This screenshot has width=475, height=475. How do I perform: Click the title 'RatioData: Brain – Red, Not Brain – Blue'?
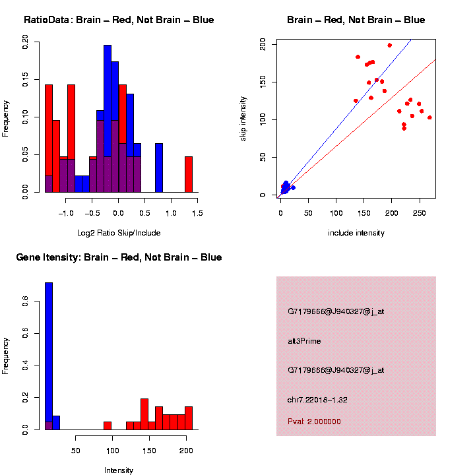(x=119, y=20)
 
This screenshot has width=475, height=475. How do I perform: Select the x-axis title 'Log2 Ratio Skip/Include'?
(x=119, y=233)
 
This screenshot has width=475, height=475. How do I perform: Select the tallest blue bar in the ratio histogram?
(x=108, y=119)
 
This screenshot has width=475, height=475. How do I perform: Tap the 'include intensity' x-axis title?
(x=356, y=233)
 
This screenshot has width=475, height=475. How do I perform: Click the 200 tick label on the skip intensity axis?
(x=263, y=44)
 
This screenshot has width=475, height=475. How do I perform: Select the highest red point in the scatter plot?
(x=389, y=46)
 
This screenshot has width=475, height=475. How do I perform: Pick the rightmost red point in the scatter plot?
(x=429, y=117)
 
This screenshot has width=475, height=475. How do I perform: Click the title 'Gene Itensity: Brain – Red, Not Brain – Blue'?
(x=119, y=257)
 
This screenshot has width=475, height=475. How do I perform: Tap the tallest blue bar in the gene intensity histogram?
(x=49, y=356)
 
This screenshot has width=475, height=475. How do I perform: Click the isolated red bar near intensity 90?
(x=108, y=426)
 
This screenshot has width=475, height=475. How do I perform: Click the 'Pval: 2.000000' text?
(x=314, y=422)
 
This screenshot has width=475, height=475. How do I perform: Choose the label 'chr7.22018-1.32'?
(x=318, y=400)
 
